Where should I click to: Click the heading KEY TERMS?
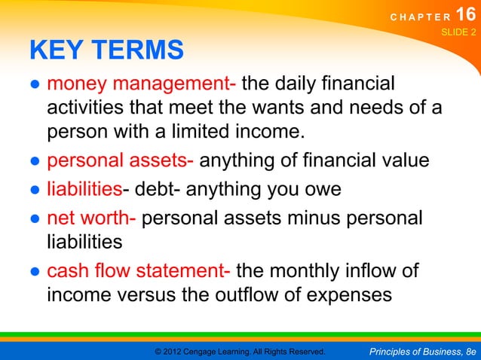tap(106, 50)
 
